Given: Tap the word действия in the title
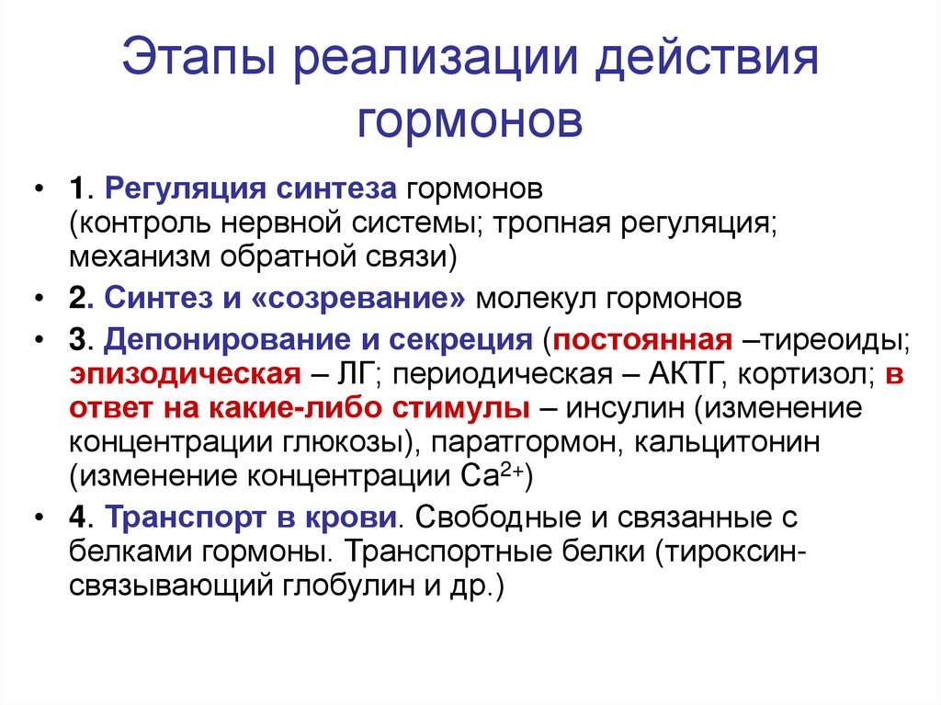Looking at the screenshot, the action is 706,59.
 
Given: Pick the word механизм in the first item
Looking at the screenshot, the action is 140,257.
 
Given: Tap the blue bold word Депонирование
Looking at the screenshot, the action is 228,341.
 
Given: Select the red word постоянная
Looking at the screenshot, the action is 642,340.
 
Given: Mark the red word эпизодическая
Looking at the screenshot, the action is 185,375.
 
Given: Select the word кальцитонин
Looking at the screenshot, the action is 727,443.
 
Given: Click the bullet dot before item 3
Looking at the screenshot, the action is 40,340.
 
